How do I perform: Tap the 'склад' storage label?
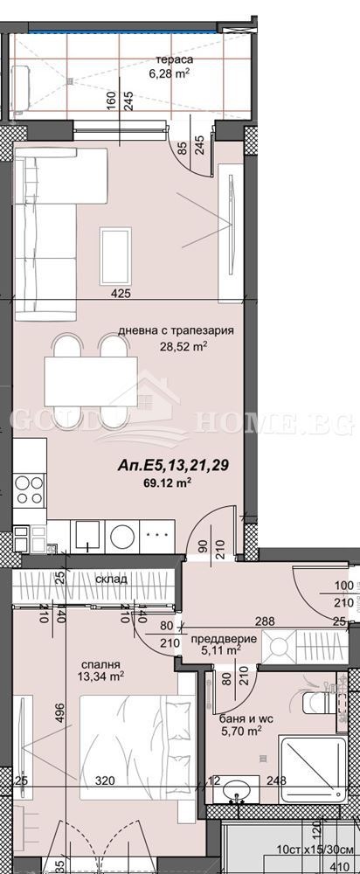click(x=113, y=579)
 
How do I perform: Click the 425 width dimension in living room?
click(x=121, y=294)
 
